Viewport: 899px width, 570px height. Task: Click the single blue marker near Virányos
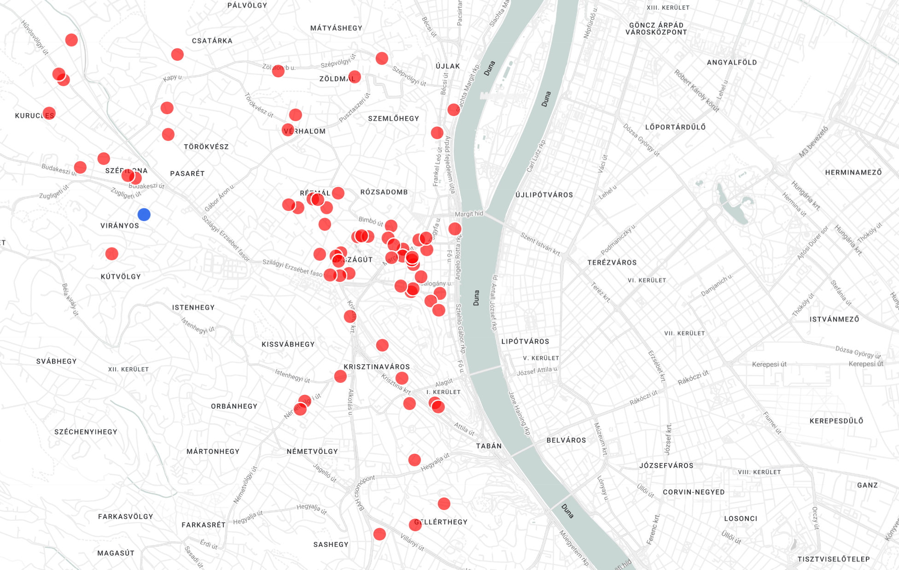144,214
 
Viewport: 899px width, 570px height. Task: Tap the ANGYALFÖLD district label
731,62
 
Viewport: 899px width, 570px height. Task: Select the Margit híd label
469,214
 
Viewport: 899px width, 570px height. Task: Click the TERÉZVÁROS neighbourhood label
612,262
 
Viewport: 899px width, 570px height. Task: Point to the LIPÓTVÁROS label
525,341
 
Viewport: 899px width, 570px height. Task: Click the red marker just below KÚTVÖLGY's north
111,253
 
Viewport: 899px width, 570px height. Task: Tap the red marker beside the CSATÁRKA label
177,54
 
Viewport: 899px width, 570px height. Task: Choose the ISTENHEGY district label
193,307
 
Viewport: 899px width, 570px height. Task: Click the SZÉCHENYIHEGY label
86,432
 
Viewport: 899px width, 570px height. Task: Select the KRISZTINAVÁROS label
376,367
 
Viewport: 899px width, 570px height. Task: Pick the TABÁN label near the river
489,446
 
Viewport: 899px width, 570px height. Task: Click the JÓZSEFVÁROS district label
666,465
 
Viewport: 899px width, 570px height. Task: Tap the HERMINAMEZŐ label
853,172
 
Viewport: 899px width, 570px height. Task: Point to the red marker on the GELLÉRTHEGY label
415,524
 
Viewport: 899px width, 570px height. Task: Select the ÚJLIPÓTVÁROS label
544,194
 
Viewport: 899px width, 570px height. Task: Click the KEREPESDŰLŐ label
836,421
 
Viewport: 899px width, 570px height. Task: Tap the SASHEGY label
331,544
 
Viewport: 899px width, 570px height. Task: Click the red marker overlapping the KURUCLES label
49,113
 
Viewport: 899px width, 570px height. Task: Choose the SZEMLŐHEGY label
393,118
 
